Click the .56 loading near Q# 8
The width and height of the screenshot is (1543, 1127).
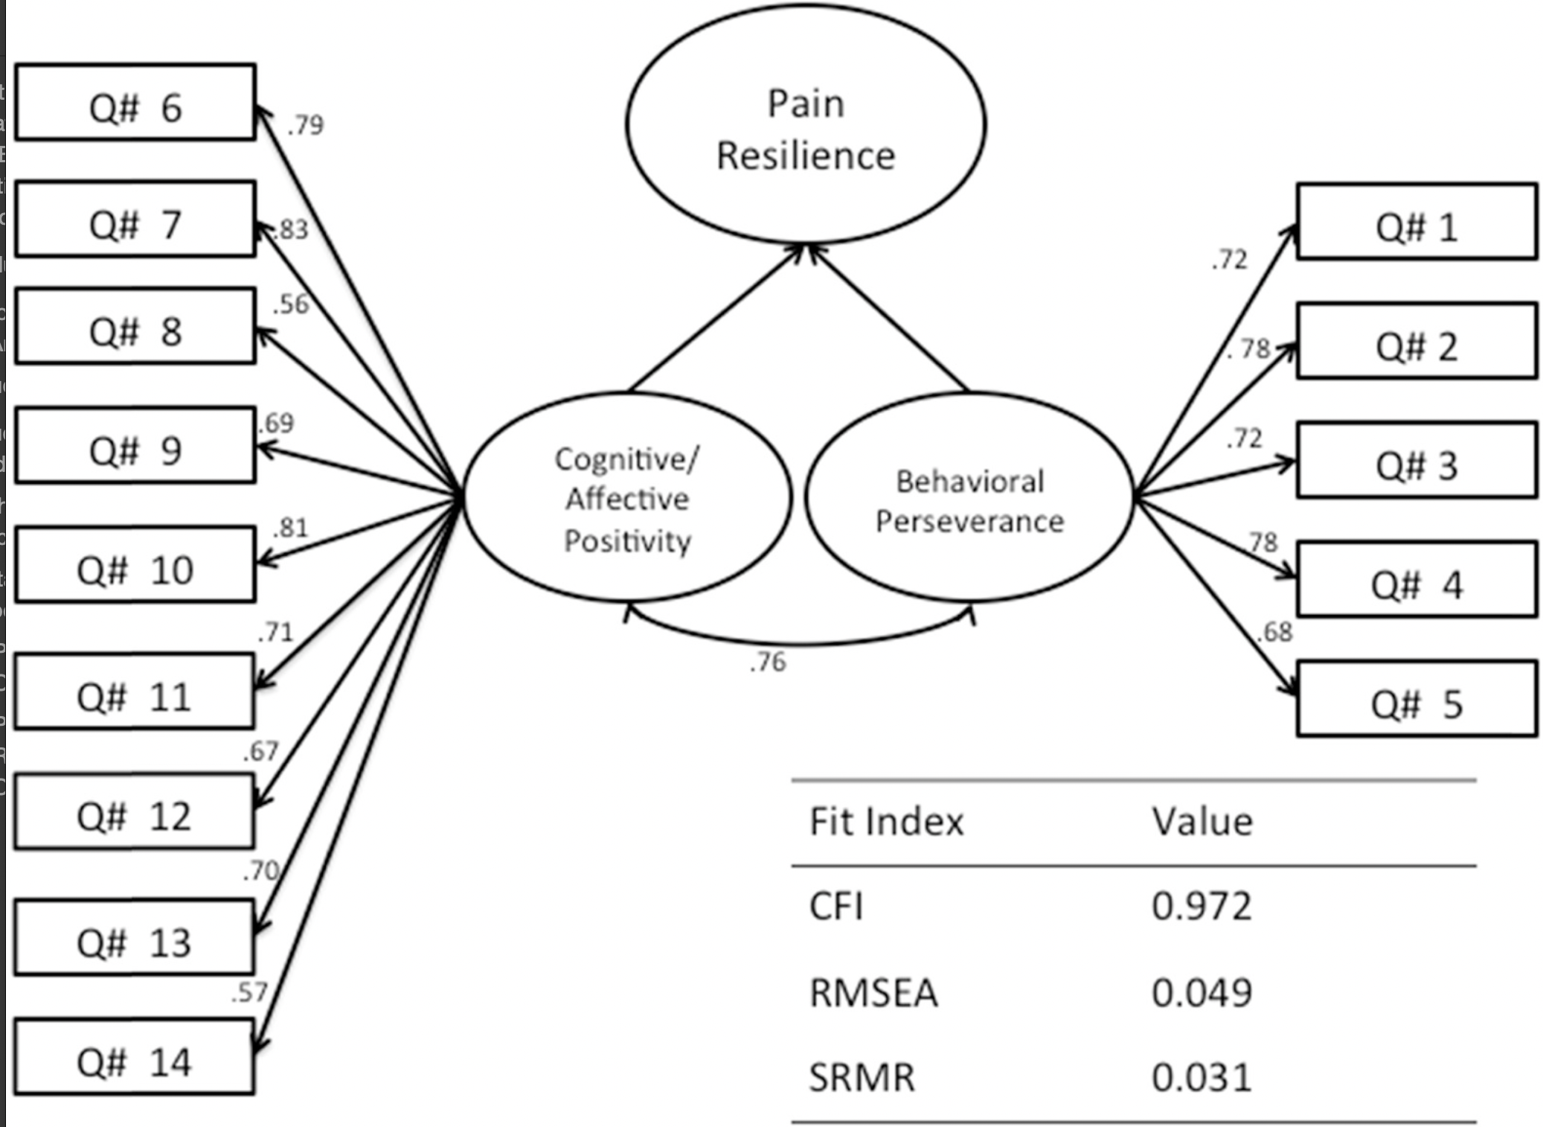tap(291, 304)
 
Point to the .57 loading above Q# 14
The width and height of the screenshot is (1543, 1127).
tap(249, 992)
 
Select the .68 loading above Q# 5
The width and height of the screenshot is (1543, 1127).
tap(1275, 632)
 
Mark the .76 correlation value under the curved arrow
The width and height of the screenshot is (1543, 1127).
tap(768, 662)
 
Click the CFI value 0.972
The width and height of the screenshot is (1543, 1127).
tap(1202, 907)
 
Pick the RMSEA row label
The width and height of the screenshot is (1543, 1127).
tap(873, 993)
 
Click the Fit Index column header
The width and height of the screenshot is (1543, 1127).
tap(886, 822)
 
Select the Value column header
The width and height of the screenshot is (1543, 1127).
tap(1202, 822)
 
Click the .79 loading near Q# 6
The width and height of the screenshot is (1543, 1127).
tap(306, 124)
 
